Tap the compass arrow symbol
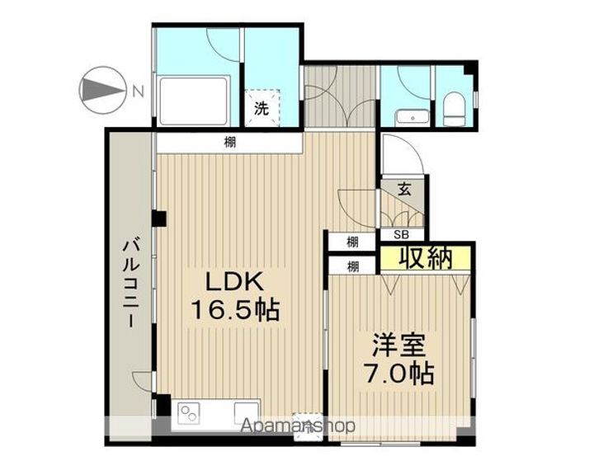pyautogui.click(x=100, y=88)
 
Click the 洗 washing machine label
pyautogui.click(x=261, y=107)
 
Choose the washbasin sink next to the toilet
pyautogui.click(x=407, y=116)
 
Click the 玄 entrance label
pyautogui.click(x=405, y=187)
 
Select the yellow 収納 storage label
pyautogui.click(x=426, y=257)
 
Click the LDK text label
pyautogui.click(x=234, y=282)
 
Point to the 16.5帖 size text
pyautogui.click(x=234, y=312)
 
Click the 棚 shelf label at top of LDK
pyautogui.click(x=229, y=143)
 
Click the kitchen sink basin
pyautogui.click(x=246, y=410)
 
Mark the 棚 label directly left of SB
pyautogui.click(x=352, y=242)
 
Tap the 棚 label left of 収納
pyautogui.click(x=352, y=266)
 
